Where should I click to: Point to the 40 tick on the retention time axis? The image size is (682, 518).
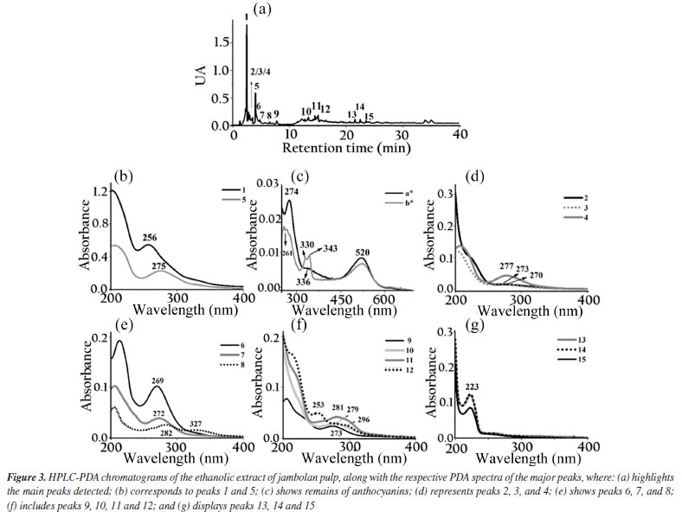(460, 137)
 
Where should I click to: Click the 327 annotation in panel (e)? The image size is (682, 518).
(196, 424)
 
